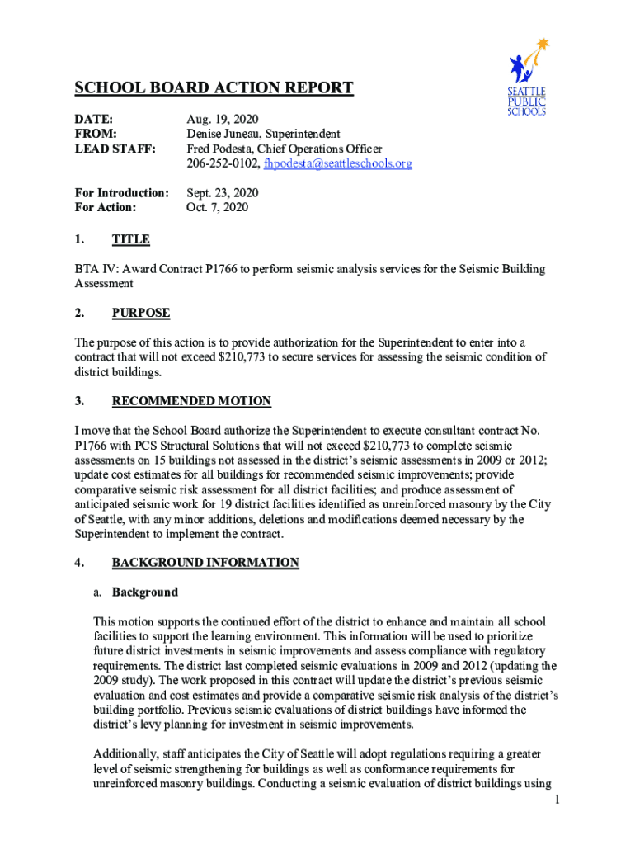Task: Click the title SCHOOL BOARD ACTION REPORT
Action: click(x=214, y=88)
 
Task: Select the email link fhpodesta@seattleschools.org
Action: click(x=337, y=164)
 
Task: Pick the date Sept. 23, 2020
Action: click(x=223, y=193)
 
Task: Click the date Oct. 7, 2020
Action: click(x=218, y=208)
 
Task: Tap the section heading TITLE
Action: click(x=130, y=240)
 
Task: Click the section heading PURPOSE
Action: click(x=141, y=314)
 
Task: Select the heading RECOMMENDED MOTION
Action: click(x=191, y=402)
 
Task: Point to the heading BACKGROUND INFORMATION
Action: click(x=205, y=563)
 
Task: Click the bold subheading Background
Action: click(x=144, y=592)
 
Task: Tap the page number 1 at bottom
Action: click(x=558, y=800)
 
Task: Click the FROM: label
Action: click(x=96, y=135)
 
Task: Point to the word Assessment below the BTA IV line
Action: click(x=104, y=284)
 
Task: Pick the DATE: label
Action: click(x=94, y=120)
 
